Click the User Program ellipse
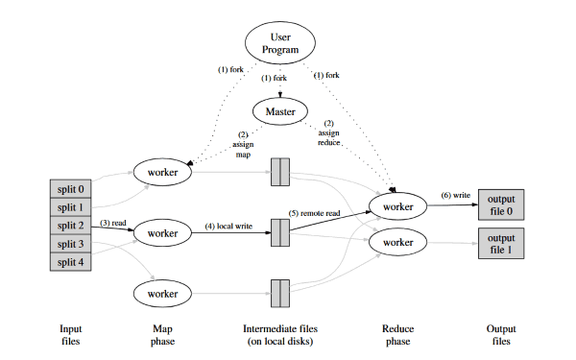pyautogui.click(x=280, y=43)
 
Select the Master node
pyautogui.click(x=280, y=112)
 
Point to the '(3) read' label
pyautogui.click(x=111, y=223)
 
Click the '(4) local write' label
pyautogui.click(x=228, y=227)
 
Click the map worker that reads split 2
pyautogui.click(x=164, y=232)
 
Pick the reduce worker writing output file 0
pyautogui.click(x=397, y=206)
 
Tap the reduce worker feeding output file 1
pyautogui.click(x=397, y=243)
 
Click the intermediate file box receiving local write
pyautogui.click(x=279, y=231)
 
